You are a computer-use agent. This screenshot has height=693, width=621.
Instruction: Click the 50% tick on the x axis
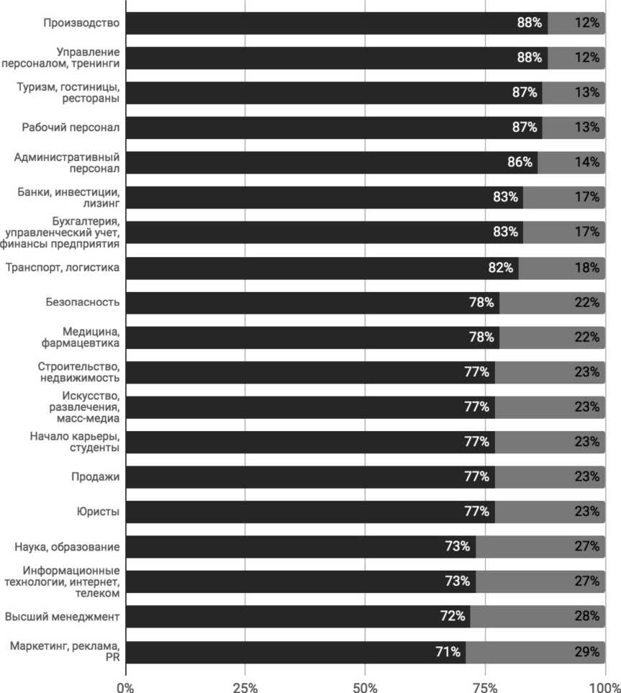(x=365, y=687)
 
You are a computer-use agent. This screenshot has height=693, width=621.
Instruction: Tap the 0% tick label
(x=125, y=687)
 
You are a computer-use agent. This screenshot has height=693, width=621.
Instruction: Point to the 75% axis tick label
(x=485, y=687)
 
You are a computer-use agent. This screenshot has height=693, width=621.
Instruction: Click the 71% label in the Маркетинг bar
(x=448, y=651)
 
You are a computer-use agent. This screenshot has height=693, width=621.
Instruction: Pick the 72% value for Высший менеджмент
(x=453, y=616)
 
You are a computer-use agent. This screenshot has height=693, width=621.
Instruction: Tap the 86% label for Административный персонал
(x=520, y=162)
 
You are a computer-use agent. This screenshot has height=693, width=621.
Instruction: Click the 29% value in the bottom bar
(x=586, y=651)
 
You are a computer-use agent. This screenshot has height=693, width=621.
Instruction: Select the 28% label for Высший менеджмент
(x=586, y=616)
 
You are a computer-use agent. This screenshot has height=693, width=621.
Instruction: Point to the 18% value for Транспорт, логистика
(x=586, y=268)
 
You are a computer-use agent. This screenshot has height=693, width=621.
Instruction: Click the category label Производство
(x=81, y=23)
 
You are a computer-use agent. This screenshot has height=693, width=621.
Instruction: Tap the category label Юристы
(x=98, y=512)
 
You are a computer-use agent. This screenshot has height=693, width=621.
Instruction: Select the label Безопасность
(x=82, y=302)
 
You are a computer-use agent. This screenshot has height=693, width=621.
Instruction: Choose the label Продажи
(x=95, y=476)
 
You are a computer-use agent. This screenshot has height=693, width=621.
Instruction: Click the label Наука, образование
(x=67, y=547)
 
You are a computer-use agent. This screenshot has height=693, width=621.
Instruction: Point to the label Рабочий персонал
(x=71, y=127)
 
